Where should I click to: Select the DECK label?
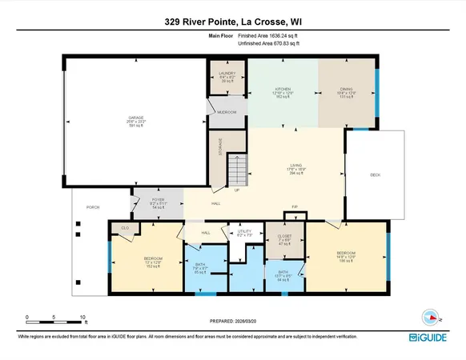pos(375,175)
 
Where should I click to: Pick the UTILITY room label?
pos(245,234)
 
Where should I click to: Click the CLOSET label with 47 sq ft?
pos(286,238)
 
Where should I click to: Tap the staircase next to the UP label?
pos(235,170)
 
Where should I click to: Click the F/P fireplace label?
pos(295,206)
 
